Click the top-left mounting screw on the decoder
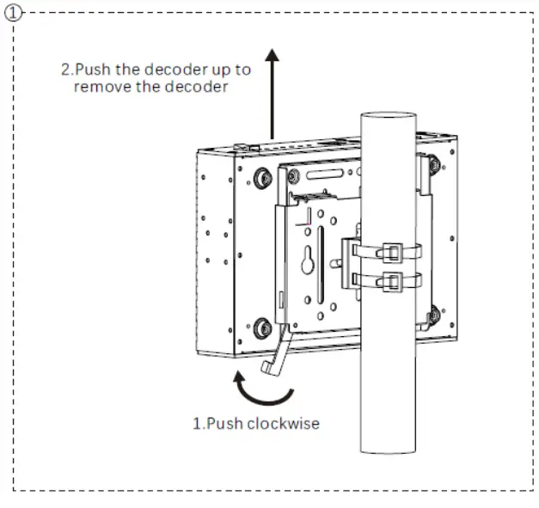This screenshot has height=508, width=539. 260,178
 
